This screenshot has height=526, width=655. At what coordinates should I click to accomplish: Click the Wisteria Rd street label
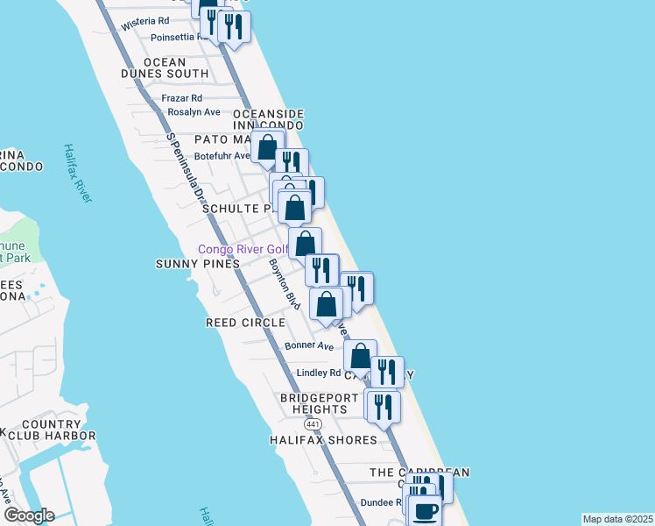pyautogui.click(x=145, y=20)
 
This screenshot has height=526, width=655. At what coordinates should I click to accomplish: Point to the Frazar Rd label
pyautogui.click(x=182, y=98)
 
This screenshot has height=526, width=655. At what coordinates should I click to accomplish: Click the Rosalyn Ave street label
pyautogui.click(x=194, y=112)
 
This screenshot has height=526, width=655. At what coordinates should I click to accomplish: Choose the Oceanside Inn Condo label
pyautogui.click(x=268, y=120)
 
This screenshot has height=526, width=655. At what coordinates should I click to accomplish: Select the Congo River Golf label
pyautogui.click(x=243, y=249)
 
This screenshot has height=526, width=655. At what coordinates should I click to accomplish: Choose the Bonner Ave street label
pyautogui.click(x=309, y=346)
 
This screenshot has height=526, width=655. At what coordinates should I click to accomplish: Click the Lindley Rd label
pyautogui.click(x=319, y=373)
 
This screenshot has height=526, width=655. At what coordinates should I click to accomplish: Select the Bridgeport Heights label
pyautogui.click(x=319, y=404)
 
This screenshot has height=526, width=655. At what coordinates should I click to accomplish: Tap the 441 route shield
pyautogui.click(x=313, y=423)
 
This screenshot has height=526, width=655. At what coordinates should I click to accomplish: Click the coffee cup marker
pyautogui.click(x=426, y=510)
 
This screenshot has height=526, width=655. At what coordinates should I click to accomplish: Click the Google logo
pyautogui.click(x=28, y=515)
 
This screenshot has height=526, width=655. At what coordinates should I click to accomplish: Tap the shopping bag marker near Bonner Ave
pyautogui.click(x=360, y=355)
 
